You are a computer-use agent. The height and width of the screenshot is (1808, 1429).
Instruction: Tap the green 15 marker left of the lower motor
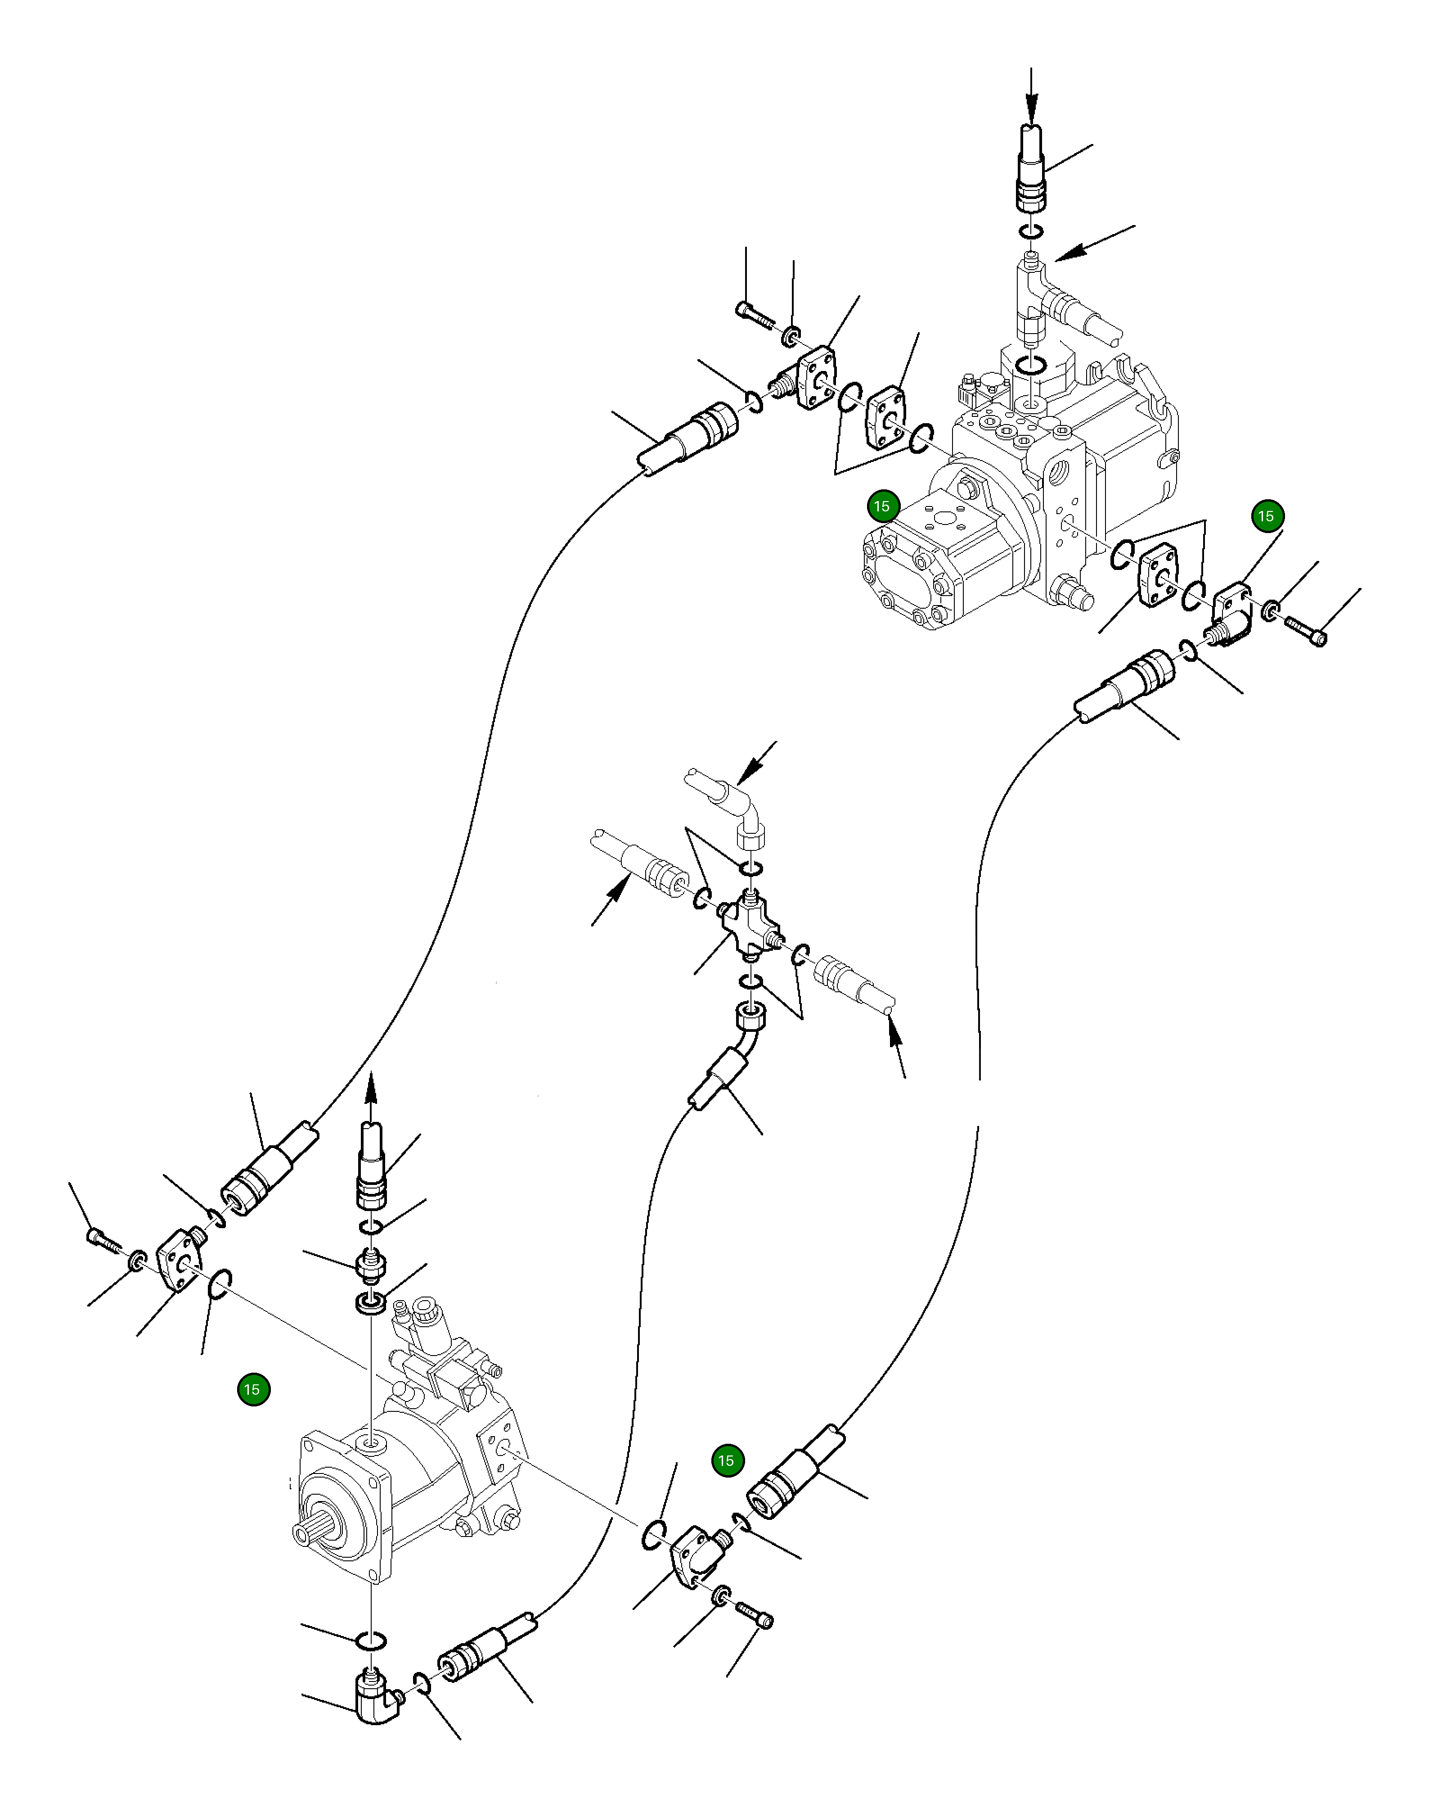[253, 1389]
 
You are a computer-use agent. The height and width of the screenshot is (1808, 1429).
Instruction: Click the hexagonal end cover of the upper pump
[908, 578]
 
